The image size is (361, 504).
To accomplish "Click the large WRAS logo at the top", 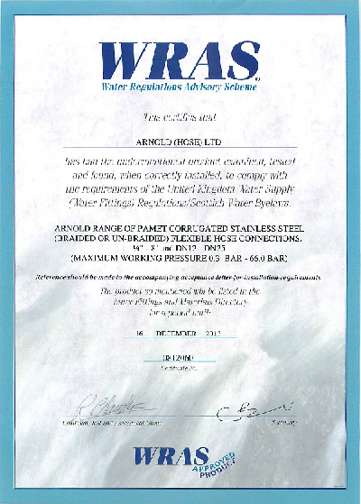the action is (x=180, y=59).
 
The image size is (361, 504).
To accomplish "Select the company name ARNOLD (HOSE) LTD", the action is (x=180, y=142).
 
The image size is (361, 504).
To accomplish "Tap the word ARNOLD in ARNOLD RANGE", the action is (x=76, y=206).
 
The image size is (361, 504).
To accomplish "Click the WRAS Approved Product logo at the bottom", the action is (x=185, y=462).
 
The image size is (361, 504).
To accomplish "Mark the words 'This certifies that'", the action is (x=180, y=118).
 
